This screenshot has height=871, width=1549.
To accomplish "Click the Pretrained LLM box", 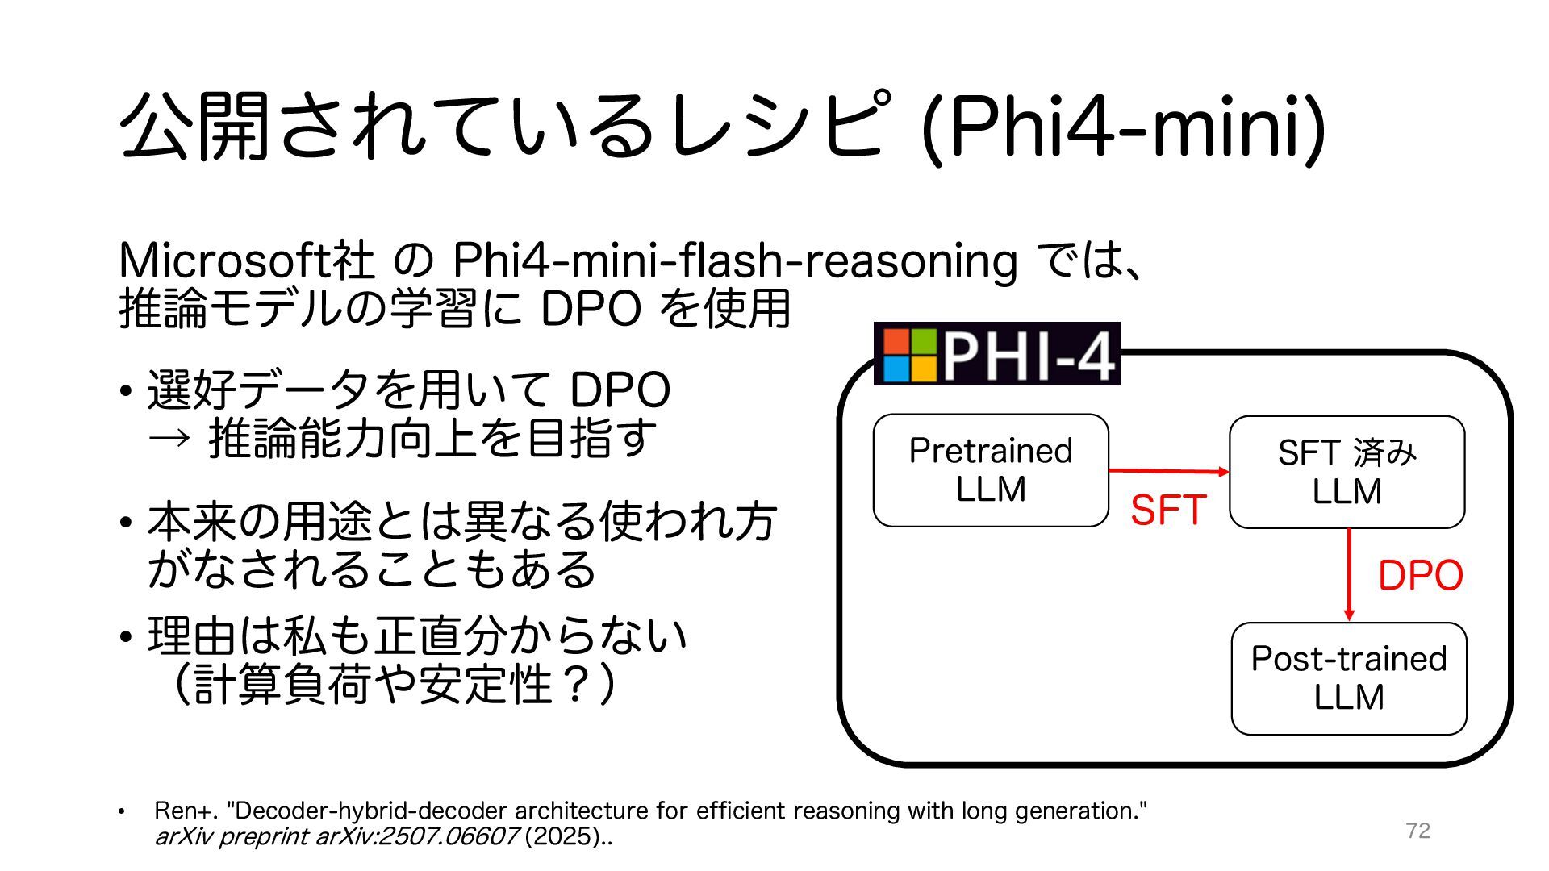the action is point(991,470).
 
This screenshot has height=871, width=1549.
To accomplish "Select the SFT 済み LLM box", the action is point(1347,472).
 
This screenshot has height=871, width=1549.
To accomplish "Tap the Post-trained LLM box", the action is point(1348,678).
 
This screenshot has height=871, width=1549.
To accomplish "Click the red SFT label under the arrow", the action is point(1167,510).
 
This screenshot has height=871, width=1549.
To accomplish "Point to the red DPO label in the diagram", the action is point(1420,576).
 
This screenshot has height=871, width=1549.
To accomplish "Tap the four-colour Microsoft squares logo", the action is point(909,355).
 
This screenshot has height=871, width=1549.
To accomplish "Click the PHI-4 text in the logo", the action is point(1029,356).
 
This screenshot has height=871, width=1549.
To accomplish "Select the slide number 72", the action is point(1417,831).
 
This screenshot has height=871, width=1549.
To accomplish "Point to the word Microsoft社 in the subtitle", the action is point(246,260).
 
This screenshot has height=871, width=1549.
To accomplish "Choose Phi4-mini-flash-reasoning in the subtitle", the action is point(734,260).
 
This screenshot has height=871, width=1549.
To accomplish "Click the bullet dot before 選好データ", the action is point(125,391).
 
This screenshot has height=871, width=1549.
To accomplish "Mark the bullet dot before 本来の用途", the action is point(125,523).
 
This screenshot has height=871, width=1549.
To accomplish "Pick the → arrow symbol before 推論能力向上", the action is point(169,438).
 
